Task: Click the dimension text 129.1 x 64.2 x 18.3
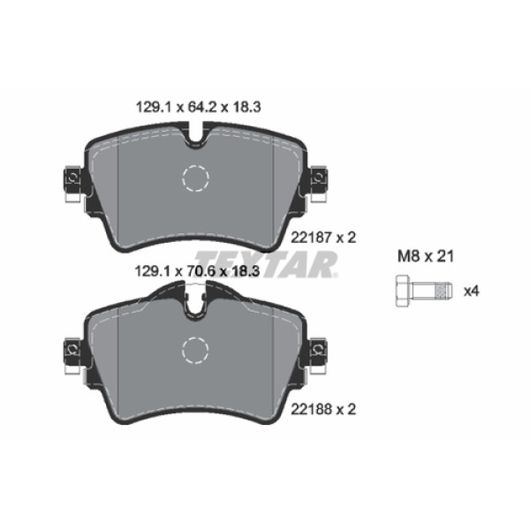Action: click(195, 107)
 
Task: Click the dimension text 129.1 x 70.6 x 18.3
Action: click(195, 273)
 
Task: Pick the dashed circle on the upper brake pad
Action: click(195, 179)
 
